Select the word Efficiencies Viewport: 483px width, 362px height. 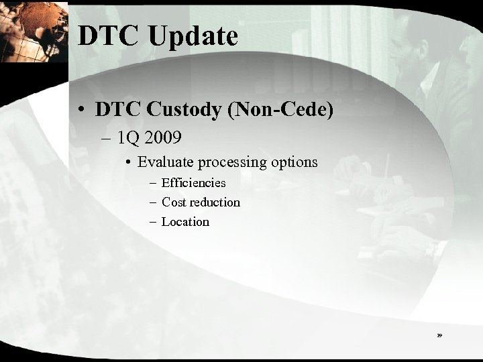click(194, 182)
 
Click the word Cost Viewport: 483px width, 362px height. click(174, 202)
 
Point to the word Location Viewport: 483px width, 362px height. click(186, 221)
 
